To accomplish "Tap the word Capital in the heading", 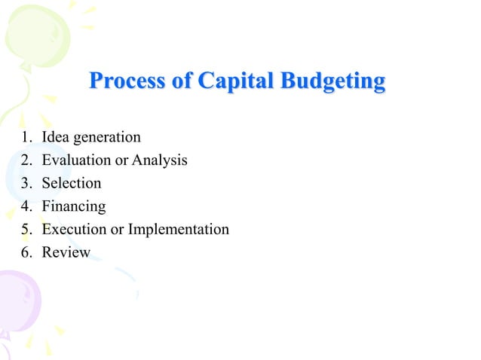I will click(237, 81).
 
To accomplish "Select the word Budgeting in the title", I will click(332, 81).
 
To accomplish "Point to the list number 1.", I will click(26, 138).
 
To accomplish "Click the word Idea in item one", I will click(55, 138).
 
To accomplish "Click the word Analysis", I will click(160, 161).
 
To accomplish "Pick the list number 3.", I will click(26, 183).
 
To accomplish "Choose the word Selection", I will click(72, 183).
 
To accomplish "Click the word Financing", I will click(74, 206).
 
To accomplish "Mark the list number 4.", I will click(26, 206).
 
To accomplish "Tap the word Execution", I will click(75, 229).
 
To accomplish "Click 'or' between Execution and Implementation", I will click(117, 230).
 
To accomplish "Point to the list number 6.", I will click(26, 252).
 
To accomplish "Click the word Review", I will click(66, 252).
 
